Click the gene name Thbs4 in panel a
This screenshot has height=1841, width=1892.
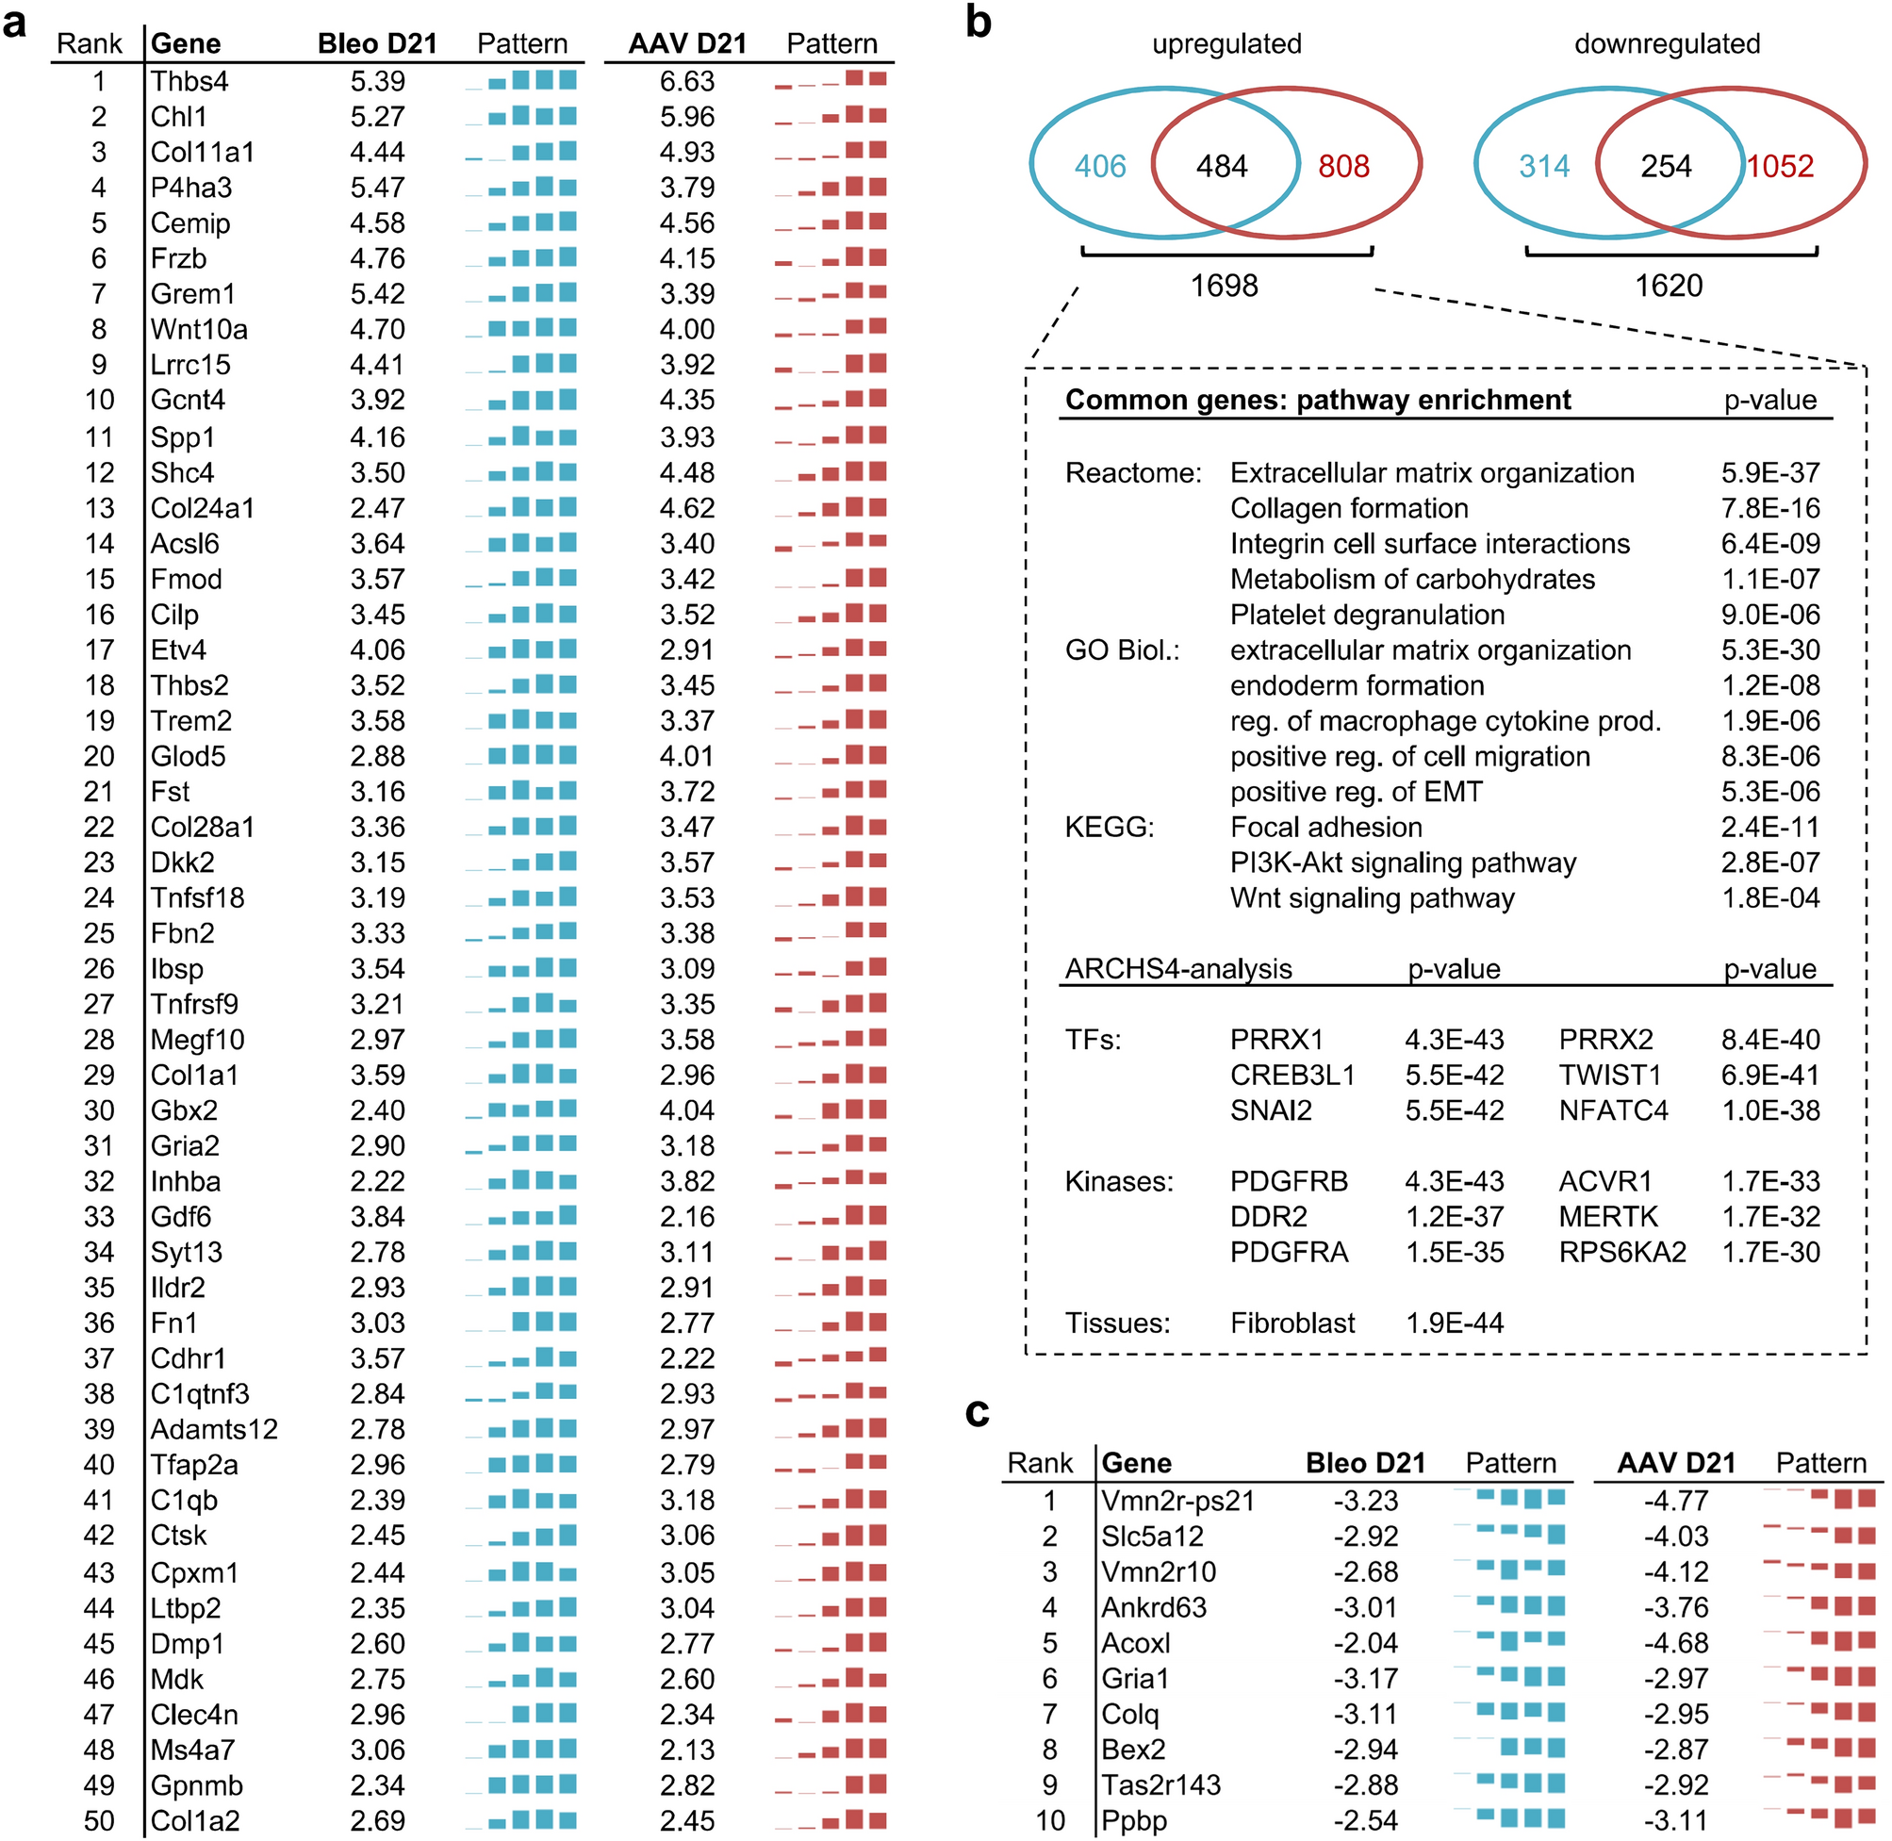(x=189, y=81)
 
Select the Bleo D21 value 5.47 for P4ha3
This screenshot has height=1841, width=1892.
(x=377, y=188)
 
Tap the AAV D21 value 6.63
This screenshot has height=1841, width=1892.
(x=686, y=81)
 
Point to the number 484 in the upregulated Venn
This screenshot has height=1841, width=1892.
(x=1221, y=166)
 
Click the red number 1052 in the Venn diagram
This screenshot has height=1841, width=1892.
(x=1780, y=166)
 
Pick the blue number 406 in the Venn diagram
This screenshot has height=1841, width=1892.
(x=1100, y=166)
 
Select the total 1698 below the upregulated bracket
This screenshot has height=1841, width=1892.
(x=1224, y=287)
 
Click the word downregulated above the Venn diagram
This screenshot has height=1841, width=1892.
(x=1667, y=43)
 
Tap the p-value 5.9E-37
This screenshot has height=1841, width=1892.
(x=1769, y=473)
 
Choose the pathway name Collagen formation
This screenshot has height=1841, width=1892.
(x=1349, y=509)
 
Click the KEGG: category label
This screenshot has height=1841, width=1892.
(x=1109, y=828)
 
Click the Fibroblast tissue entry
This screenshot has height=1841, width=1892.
(x=1292, y=1323)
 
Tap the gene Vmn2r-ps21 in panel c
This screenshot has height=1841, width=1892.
(x=1177, y=1502)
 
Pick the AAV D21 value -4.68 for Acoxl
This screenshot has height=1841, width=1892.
(x=1676, y=1644)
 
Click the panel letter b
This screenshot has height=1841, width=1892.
(x=979, y=22)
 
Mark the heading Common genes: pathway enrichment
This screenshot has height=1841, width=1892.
(x=1318, y=401)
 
